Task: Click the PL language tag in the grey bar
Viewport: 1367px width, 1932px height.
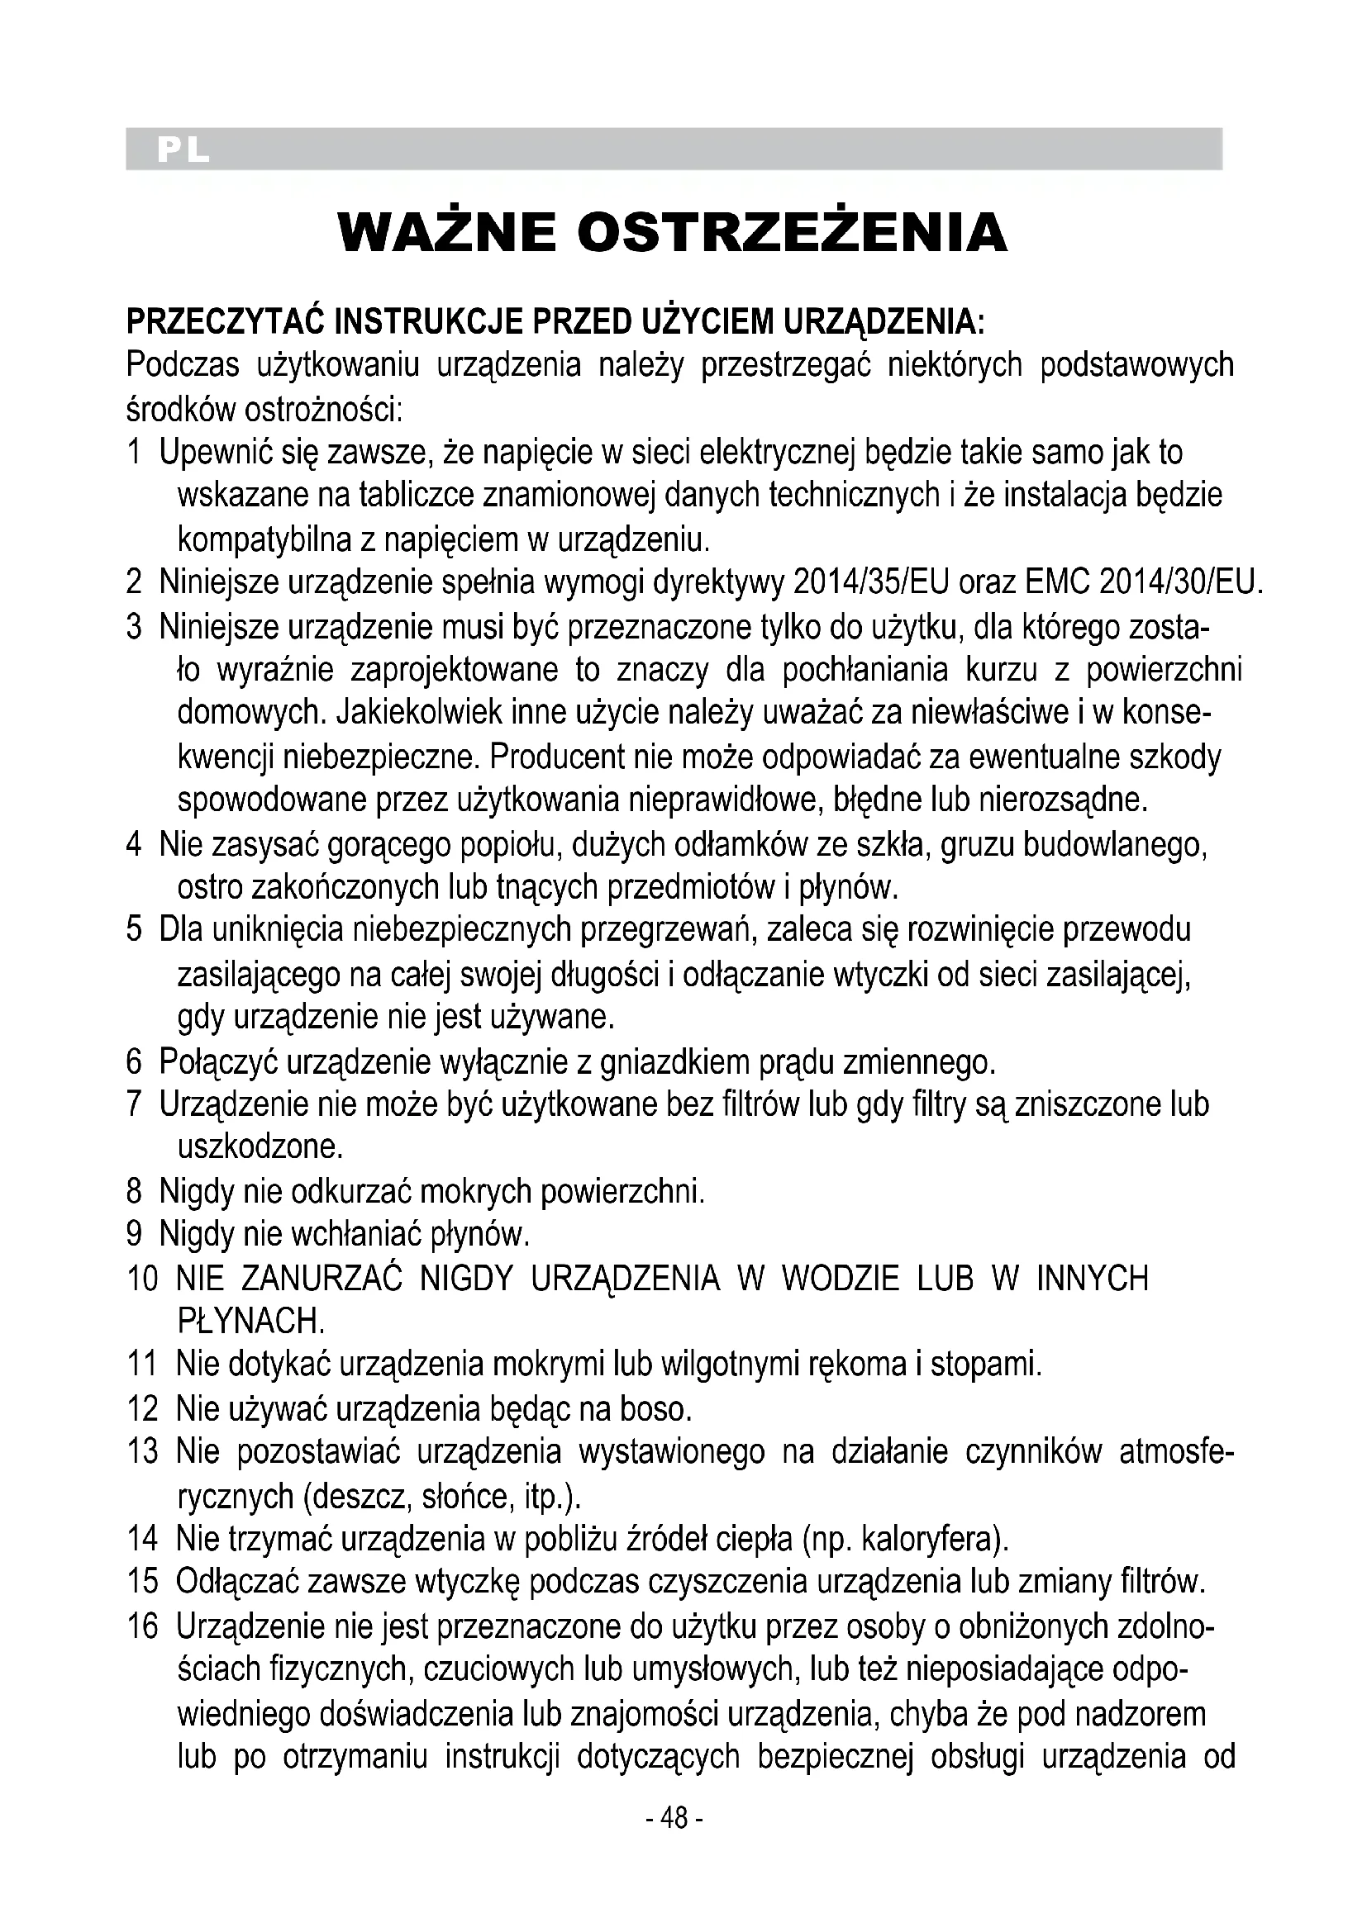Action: tap(182, 150)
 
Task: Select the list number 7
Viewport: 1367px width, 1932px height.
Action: tap(134, 1104)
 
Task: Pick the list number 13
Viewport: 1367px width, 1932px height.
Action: tap(142, 1451)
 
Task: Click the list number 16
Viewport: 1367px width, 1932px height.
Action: tap(142, 1626)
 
